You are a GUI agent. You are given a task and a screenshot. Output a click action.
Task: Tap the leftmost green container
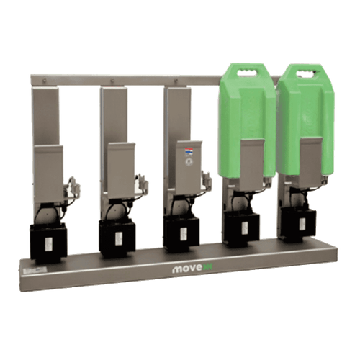246,115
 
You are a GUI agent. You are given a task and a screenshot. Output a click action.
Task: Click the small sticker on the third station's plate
189,152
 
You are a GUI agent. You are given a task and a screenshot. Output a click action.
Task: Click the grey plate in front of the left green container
252,163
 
